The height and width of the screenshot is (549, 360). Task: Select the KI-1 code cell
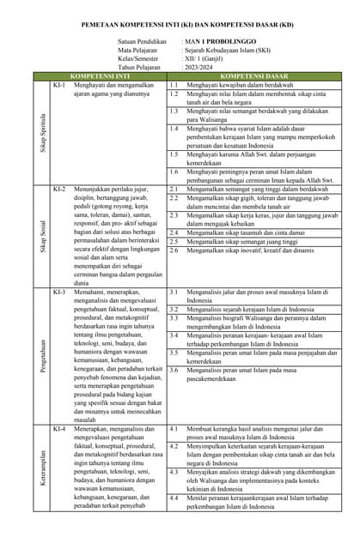tap(58, 86)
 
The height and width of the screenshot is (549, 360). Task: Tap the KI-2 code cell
tap(58, 188)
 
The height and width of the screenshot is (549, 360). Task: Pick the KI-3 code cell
tap(58, 292)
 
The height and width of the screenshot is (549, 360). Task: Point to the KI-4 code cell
tap(58, 428)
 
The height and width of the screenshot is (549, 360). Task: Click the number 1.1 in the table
tap(174, 86)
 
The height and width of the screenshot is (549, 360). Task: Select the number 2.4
tap(174, 232)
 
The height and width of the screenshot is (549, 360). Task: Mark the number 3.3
tap(174, 319)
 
